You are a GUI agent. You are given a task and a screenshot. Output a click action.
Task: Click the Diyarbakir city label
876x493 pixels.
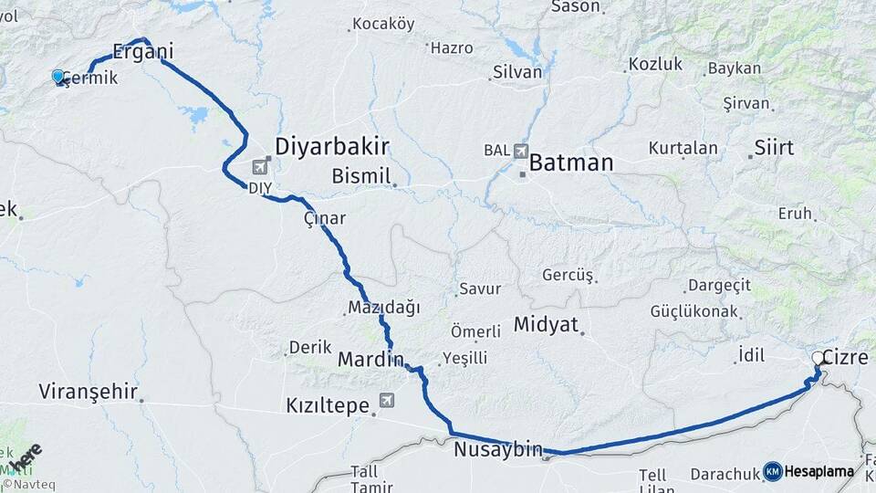pyautogui.click(x=333, y=146)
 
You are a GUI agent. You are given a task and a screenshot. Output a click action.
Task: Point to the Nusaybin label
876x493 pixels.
pyautogui.click(x=497, y=449)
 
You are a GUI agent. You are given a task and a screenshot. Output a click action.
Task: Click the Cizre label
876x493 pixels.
pyautogui.click(x=845, y=357)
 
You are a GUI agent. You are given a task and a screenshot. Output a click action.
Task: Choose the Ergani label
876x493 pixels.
pyautogui.click(x=142, y=50)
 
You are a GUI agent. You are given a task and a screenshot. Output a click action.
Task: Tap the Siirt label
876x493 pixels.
pyautogui.click(x=774, y=147)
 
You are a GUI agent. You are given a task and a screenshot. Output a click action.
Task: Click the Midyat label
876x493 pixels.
pyautogui.click(x=547, y=324)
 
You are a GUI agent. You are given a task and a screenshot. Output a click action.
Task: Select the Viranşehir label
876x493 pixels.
pyautogui.click(x=88, y=393)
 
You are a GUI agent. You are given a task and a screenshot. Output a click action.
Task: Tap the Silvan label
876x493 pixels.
pyautogui.click(x=516, y=72)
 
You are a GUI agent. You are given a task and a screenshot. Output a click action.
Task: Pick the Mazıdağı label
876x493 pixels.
pyautogui.click(x=383, y=308)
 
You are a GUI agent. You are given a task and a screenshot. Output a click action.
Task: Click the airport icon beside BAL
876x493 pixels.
pyautogui.click(x=521, y=150)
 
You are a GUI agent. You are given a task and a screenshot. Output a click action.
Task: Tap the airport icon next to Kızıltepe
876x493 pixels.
pyautogui.click(x=387, y=400)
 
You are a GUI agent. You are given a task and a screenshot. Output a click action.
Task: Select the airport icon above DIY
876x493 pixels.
pyautogui.click(x=261, y=167)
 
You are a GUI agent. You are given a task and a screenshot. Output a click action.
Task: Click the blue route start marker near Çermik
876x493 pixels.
pyautogui.click(x=58, y=77)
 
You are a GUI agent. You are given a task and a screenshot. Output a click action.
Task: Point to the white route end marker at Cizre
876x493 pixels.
pyautogui.click(x=818, y=359)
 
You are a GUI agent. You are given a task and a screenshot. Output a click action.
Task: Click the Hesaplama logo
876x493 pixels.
pyautogui.click(x=808, y=471)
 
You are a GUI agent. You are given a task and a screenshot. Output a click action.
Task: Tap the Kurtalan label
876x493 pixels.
pyautogui.click(x=683, y=147)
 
